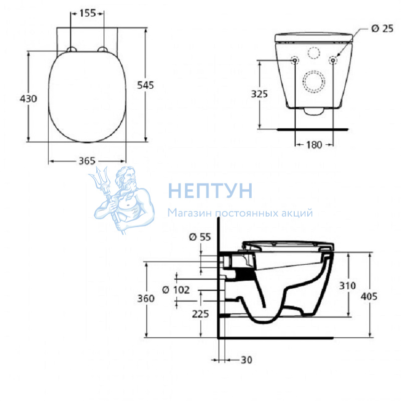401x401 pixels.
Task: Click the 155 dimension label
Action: [x=87, y=13]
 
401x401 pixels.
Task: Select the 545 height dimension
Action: [x=145, y=85]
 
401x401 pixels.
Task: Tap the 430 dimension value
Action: [x=29, y=98]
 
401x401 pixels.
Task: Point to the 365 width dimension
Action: [x=87, y=161]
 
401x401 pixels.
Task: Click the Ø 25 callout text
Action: [x=382, y=29]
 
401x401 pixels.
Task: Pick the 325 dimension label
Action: [x=259, y=94]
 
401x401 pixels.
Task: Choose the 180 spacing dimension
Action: [x=314, y=145]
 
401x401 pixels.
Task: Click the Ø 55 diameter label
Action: [x=200, y=237]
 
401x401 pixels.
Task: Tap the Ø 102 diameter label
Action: [x=176, y=290]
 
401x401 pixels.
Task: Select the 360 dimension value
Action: [x=146, y=298]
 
